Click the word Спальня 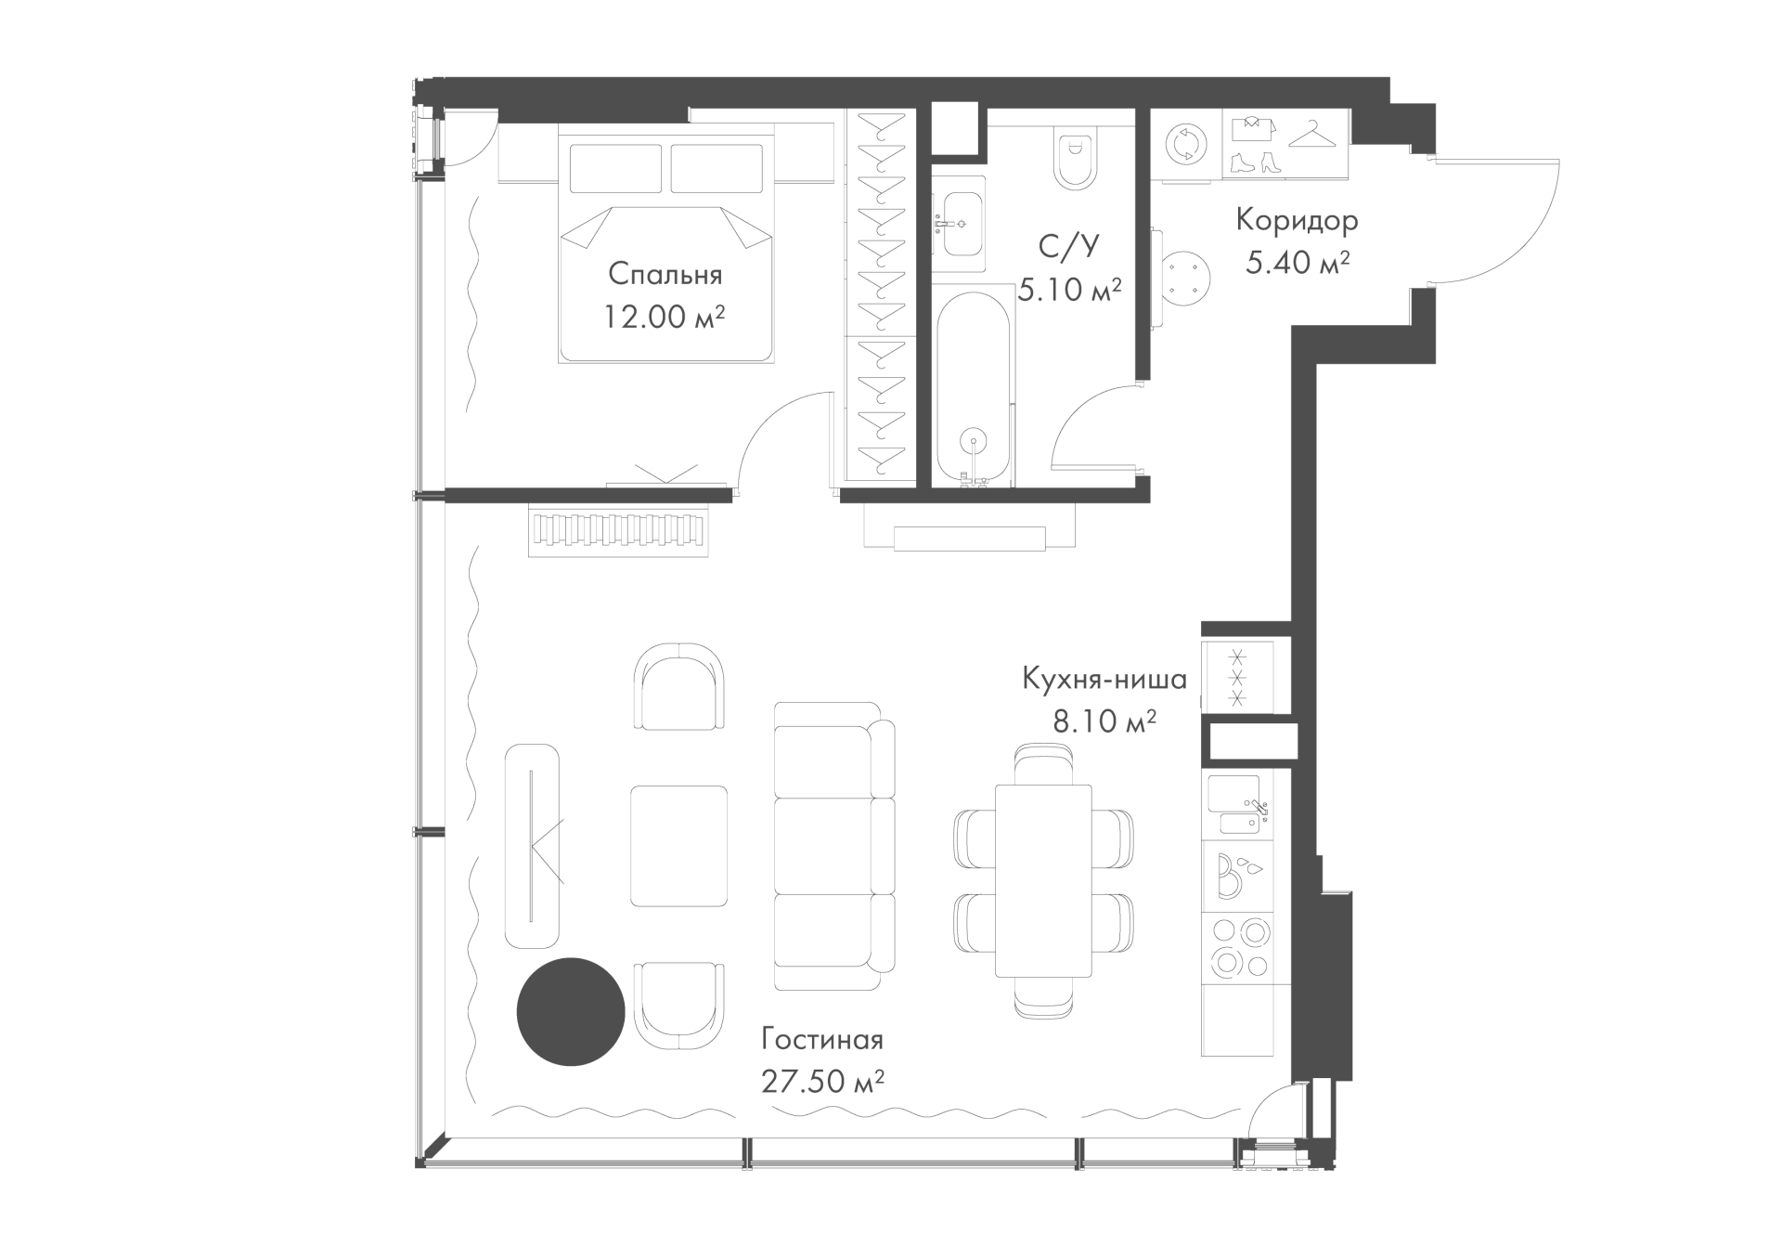(665, 275)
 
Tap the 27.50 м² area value (822, 1081)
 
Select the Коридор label (1297, 221)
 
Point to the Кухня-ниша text (1104, 680)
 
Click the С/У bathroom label (1068, 246)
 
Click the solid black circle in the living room (571, 1011)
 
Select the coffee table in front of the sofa (678, 846)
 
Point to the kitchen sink (1238, 808)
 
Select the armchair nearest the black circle (678, 1007)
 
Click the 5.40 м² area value (1297, 263)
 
